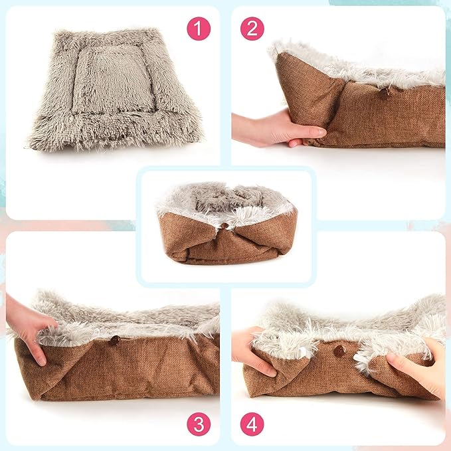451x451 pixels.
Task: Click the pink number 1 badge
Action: [198, 29]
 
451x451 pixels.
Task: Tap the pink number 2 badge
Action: [252, 29]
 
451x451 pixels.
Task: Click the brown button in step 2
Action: [385, 94]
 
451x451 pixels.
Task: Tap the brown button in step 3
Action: [114, 340]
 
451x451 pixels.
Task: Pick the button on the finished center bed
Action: [225, 226]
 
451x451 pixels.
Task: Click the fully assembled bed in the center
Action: [226, 223]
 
